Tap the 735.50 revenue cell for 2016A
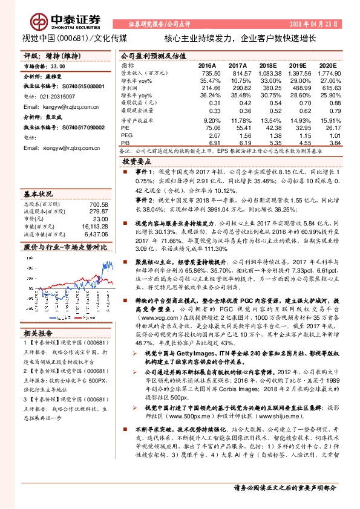[x=208, y=73]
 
